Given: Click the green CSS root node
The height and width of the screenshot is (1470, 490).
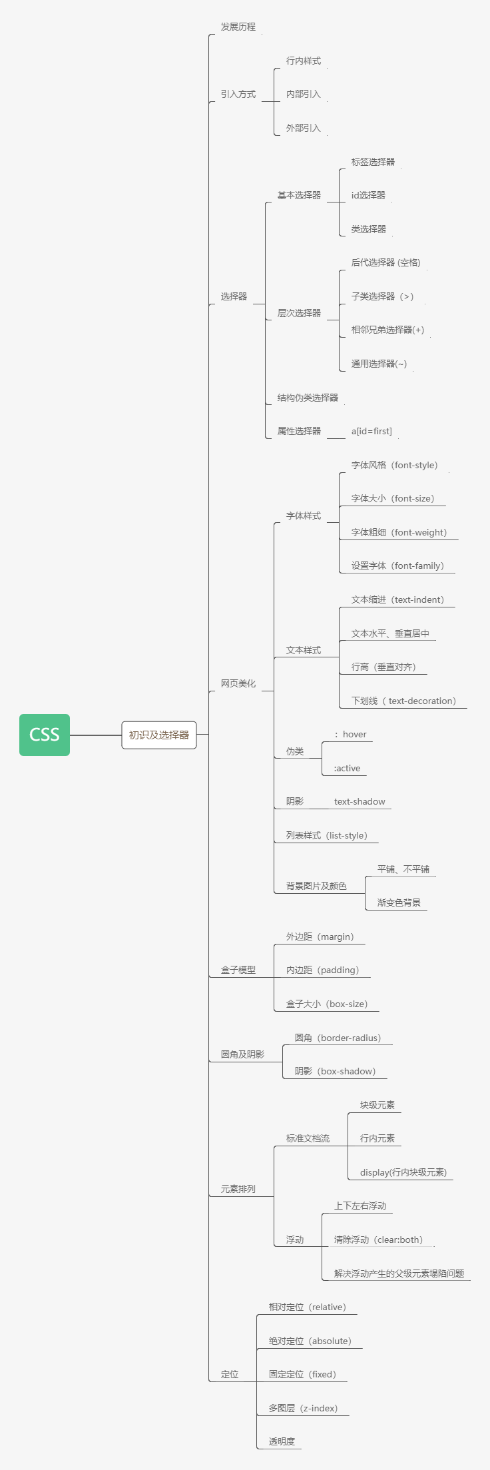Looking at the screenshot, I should (45, 735).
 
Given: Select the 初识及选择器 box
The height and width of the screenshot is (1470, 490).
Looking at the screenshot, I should (158, 735).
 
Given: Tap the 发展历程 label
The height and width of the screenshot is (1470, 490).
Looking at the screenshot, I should (238, 27).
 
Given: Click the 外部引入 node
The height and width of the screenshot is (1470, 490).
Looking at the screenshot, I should (303, 128).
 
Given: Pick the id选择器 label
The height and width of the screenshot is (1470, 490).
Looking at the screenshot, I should (368, 195).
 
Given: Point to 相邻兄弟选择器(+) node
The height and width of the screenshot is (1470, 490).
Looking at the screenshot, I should (387, 330).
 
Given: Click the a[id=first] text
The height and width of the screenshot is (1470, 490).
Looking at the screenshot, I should (371, 431).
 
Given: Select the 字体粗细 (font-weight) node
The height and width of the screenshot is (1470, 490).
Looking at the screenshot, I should (399, 532).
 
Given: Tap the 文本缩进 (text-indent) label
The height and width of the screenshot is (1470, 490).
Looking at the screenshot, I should (397, 599).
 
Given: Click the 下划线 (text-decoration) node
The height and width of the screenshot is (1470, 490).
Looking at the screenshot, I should (403, 701).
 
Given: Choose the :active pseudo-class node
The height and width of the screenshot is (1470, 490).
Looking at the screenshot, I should (347, 768).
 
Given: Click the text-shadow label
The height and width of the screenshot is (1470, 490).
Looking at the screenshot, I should (360, 801).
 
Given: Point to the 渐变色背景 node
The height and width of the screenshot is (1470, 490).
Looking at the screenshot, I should (399, 903).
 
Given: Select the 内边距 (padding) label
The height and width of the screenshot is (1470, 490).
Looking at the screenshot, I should (322, 970).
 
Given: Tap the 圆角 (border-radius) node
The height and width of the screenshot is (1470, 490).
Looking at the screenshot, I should (338, 1038).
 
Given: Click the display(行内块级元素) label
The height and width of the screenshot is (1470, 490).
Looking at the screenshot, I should (403, 1172).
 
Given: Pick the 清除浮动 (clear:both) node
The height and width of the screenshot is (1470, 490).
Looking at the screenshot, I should (378, 1240).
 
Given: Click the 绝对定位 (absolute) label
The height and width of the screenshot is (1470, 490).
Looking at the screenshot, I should (310, 1341).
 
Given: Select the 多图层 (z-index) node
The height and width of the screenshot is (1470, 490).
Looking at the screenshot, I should (303, 1408).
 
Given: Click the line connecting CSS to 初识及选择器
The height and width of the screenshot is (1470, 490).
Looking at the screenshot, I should (95, 735).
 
